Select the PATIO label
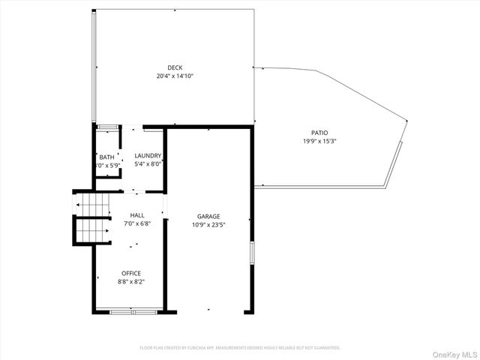[319, 132]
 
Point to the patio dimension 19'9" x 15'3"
[319, 140]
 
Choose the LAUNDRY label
[148, 155]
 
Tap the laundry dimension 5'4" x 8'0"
[148, 163]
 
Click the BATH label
[106, 157]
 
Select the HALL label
[136, 214]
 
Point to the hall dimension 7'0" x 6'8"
[136, 223]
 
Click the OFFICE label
[130, 273]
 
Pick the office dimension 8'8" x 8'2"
[130, 281]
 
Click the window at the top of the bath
[108, 126]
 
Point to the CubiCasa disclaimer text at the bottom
[240, 348]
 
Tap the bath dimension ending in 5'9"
[106, 165]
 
